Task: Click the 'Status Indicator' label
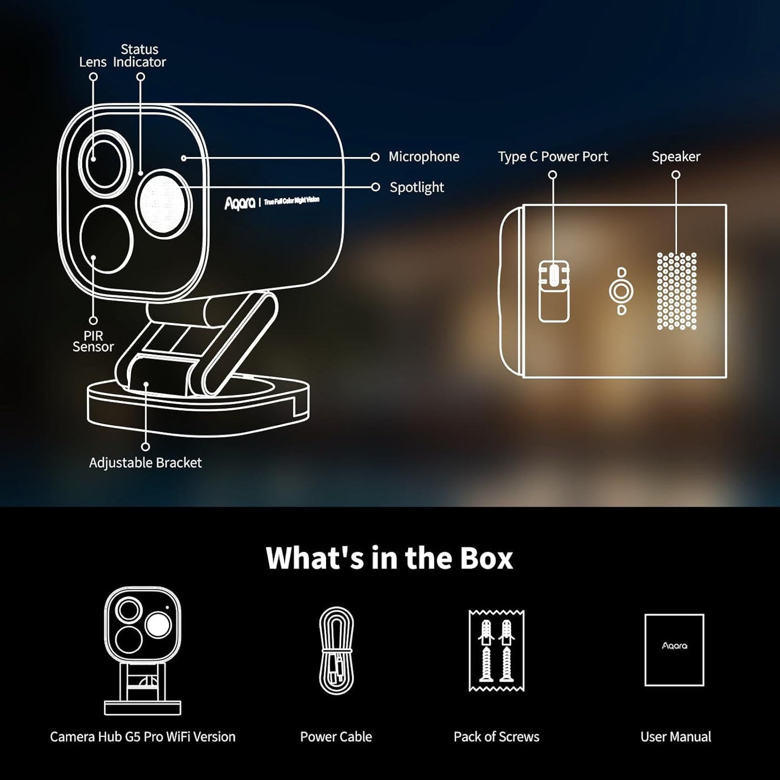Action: point(139,56)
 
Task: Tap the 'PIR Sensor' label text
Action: point(93,341)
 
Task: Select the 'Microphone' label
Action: point(424,157)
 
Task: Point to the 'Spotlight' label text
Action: point(417,187)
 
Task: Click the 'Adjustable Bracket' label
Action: point(145,463)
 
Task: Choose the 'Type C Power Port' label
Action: point(553,157)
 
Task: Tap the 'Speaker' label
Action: point(676,157)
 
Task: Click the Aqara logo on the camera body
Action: point(240,204)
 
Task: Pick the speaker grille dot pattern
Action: point(677,291)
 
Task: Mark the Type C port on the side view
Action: point(554,275)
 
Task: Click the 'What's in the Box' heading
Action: point(389,558)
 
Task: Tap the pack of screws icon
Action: point(497,650)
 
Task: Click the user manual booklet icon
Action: point(674,650)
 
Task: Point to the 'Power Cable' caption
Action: point(336,737)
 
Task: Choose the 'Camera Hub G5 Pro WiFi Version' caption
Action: point(143,737)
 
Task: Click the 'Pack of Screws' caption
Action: point(497,737)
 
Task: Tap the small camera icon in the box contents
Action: point(143,650)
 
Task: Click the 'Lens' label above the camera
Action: point(93,62)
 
